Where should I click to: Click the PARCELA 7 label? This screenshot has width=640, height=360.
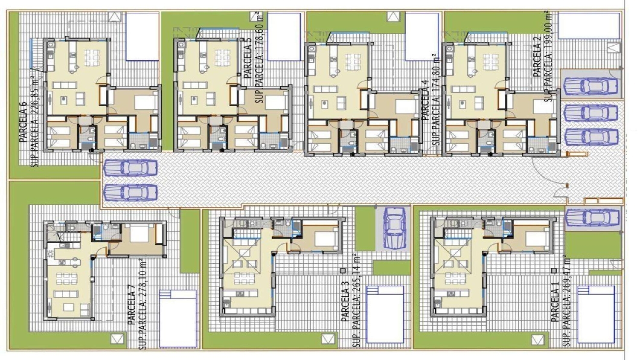point(132,303)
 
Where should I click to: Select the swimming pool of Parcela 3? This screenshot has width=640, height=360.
point(385,314)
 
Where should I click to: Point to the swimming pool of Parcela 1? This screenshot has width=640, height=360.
point(596,314)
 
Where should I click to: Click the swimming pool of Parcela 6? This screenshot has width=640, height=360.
point(142,36)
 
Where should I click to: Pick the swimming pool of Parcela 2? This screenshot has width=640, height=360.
point(589,26)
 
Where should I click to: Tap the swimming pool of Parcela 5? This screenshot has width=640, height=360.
point(284,36)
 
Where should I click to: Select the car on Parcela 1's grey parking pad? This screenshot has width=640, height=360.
point(593,218)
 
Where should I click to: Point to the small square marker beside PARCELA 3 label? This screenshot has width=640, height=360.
point(343,270)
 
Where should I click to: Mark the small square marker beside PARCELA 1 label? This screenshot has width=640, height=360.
point(553,270)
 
